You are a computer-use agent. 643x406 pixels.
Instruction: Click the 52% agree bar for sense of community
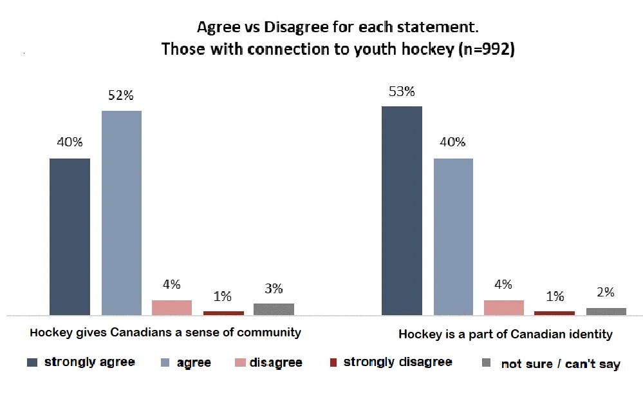coord(122,213)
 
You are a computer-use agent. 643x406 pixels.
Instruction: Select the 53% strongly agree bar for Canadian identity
coord(402,211)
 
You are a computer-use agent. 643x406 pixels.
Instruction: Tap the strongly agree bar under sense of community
coord(70,237)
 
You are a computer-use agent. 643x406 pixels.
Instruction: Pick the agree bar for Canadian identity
coord(453,237)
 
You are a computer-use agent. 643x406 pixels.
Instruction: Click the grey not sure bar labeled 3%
coord(274,309)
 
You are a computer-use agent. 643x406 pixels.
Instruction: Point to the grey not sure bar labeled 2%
coord(606,311)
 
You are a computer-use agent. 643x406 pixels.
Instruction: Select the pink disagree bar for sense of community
coord(172,308)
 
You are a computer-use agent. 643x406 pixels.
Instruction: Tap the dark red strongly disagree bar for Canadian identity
coord(554,313)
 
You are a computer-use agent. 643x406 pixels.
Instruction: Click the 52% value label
coord(121,95)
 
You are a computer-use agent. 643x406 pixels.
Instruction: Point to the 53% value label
coord(402,91)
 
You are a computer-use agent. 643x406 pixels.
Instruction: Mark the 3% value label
coord(274,289)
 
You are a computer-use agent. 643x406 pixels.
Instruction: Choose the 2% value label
coord(606,292)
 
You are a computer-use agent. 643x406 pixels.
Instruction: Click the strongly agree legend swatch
coord(32,362)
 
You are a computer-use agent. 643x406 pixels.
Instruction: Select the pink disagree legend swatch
coord(240,362)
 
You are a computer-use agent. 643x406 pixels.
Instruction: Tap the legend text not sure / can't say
coord(561,363)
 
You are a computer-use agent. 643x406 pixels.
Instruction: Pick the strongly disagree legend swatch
coord(333,362)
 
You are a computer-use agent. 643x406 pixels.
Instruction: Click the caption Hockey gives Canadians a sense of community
coord(165,333)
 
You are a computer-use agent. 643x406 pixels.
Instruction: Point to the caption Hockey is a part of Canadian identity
coord(506,334)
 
